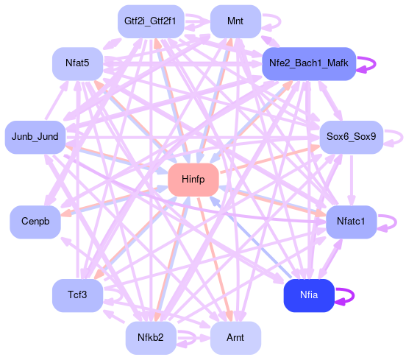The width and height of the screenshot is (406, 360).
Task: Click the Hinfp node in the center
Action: click(x=193, y=180)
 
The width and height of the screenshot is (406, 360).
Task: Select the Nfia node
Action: click(x=309, y=295)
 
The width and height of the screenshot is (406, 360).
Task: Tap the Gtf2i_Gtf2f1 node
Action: click(x=151, y=21)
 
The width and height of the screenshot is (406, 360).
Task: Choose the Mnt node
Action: click(x=235, y=21)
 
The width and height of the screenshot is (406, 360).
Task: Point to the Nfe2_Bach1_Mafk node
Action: click(x=309, y=64)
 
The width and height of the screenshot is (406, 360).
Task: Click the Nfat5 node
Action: click(x=78, y=64)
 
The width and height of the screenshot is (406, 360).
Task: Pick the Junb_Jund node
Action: click(x=35, y=137)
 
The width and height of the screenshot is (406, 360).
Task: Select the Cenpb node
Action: click(x=35, y=222)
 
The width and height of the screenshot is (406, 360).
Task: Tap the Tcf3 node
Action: click(x=78, y=295)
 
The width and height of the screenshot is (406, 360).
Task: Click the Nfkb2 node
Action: click(x=151, y=338)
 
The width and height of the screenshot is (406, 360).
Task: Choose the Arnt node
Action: click(x=235, y=338)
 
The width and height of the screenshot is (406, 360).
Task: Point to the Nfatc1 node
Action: click(x=351, y=222)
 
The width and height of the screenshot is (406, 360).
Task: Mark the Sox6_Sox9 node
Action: click(x=351, y=137)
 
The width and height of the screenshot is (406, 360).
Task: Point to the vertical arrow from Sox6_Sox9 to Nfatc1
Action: click(x=351, y=180)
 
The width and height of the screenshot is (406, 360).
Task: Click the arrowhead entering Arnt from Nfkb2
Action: click(x=205, y=338)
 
